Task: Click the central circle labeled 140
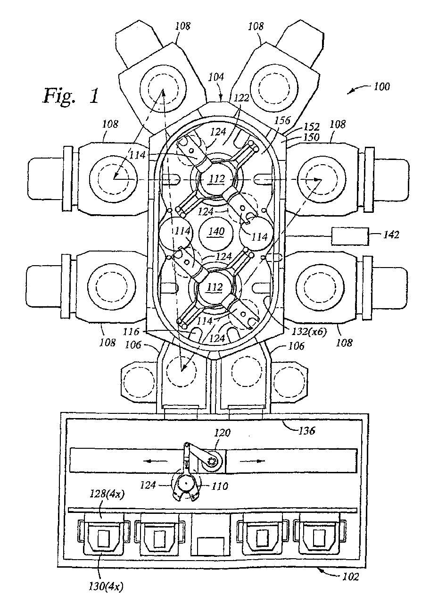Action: pyautogui.click(x=215, y=232)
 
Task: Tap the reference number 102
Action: pyautogui.click(x=349, y=576)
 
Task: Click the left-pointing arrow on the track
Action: pyautogui.click(x=155, y=461)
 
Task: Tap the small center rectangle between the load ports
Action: pyautogui.click(x=211, y=546)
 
